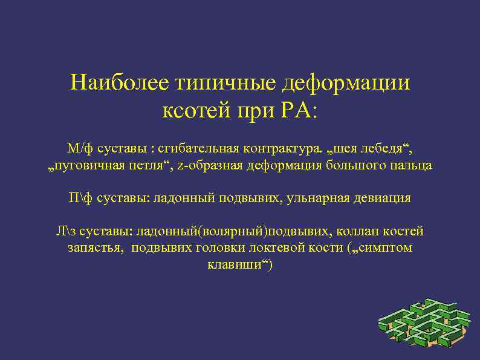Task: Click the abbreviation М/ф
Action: coord(79,148)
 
